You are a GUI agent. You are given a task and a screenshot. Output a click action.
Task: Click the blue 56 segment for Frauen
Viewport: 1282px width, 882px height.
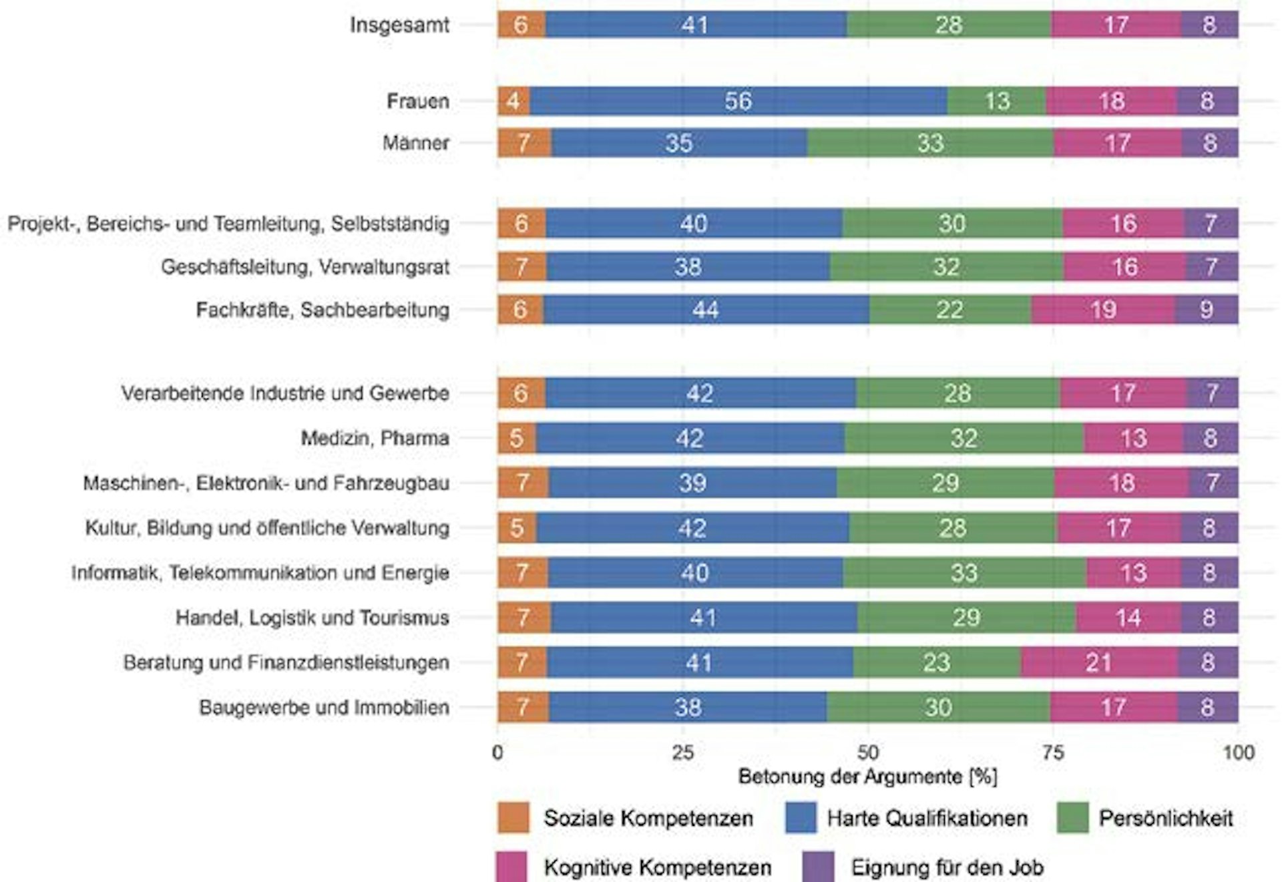(738, 101)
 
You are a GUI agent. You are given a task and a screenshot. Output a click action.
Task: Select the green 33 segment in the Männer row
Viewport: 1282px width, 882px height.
(929, 143)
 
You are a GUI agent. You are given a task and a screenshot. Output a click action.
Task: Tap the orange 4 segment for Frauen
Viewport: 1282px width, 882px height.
(513, 101)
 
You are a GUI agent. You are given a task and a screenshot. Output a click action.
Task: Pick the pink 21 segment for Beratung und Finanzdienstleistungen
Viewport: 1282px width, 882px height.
(1098, 662)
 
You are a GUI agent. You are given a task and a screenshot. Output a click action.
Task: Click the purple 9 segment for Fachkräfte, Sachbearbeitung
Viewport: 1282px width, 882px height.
(1206, 309)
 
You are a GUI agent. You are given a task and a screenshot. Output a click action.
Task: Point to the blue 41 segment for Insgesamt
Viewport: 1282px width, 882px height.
(694, 25)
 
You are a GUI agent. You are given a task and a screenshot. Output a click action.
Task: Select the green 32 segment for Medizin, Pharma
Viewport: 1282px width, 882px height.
(964, 438)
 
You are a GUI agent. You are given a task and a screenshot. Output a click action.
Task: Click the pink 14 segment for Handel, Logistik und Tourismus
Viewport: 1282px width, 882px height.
(1128, 618)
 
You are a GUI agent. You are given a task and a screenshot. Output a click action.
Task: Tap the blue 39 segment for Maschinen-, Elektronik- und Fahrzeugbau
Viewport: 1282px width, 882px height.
(692, 483)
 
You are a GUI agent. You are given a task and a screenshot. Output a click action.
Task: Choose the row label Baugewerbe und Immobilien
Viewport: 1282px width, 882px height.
(324, 707)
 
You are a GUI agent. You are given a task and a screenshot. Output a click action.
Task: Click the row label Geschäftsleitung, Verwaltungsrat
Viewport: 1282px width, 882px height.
(305, 266)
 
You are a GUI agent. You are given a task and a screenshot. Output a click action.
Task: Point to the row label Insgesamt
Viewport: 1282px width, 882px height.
(399, 25)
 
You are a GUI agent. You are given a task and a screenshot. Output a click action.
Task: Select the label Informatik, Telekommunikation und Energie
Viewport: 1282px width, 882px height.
(260, 572)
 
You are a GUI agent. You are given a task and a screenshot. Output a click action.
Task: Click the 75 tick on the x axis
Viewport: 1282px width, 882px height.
(1052, 752)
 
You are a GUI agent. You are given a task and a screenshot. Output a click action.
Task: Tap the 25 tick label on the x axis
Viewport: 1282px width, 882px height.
(682, 752)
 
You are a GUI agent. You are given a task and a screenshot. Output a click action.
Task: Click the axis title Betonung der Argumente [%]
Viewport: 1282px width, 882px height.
(867, 777)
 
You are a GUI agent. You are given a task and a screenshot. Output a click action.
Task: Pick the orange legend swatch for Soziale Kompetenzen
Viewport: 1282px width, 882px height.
(513, 817)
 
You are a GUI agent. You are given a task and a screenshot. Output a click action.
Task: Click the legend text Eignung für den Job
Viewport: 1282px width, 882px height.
(947, 867)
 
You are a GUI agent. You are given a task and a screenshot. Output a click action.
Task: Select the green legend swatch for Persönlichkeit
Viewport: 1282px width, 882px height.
(1072, 817)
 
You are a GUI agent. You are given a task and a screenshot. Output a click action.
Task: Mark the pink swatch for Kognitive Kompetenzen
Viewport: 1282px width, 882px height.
(511, 867)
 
